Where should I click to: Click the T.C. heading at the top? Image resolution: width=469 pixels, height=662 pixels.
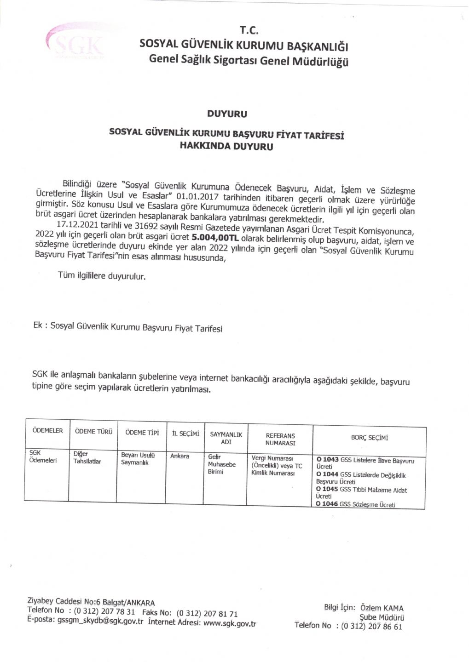tap(249, 30)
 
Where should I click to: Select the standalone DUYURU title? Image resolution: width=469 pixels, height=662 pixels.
tap(227, 114)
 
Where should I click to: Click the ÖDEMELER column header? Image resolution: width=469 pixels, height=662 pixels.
tap(47, 431)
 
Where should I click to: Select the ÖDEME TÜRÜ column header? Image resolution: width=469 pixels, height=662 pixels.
tap(93, 432)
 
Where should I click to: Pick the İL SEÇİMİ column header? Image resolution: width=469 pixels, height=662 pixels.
tap(185, 434)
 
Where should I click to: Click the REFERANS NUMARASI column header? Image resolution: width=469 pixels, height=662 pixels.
tap(280, 439)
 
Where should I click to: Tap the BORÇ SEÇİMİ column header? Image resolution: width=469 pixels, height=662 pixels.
tap(369, 438)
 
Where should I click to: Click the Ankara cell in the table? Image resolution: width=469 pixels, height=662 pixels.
tap(179, 456)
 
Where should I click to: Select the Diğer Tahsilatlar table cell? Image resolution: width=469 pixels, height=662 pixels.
tap(87, 457)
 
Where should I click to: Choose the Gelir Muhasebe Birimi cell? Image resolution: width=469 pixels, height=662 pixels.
tap(221, 464)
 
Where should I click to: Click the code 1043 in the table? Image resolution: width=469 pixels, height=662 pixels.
tap(330, 460)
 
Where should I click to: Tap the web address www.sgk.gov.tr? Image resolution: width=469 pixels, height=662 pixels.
tap(229, 623)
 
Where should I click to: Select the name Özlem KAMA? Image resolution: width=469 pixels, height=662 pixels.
tap(382, 608)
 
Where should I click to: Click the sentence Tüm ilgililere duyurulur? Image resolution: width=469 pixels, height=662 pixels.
tap(102, 276)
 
